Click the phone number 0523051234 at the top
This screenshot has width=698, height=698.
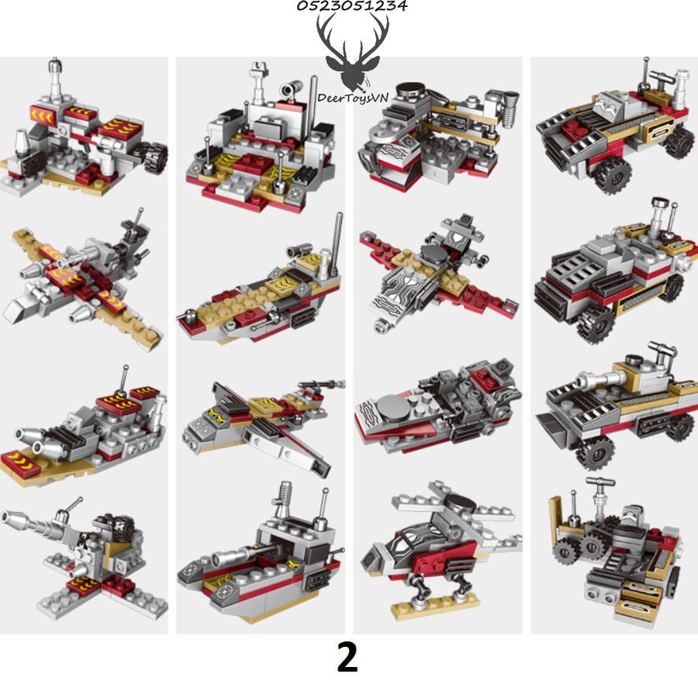[351, 5]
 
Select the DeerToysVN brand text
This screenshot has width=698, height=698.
[353, 98]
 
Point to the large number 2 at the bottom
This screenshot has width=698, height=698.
[347, 657]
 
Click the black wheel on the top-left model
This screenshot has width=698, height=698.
[155, 157]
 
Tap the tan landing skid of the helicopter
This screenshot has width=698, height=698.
[435, 605]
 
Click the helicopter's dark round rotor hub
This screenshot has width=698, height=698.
[459, 502]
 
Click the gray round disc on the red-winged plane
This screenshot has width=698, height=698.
[434, 254]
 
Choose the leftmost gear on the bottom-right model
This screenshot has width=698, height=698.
[565, 551]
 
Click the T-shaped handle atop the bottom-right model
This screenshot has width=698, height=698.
[600, 482]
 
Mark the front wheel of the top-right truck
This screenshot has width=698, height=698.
[612, 174]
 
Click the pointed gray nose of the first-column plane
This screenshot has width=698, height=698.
[16, 311]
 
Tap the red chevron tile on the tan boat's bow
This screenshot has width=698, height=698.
[19, 461]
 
